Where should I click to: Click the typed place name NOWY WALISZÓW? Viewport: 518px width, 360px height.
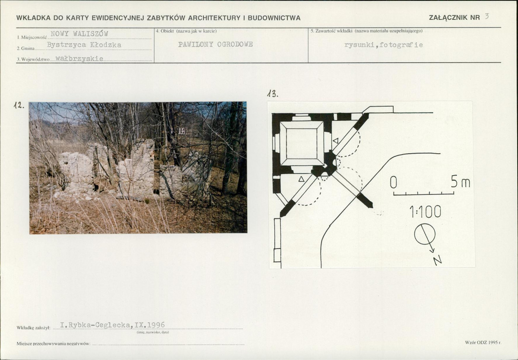pyautogui.click(x=79, y=34)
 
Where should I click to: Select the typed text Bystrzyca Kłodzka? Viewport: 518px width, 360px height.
pyautogui.click(x=84, y=45)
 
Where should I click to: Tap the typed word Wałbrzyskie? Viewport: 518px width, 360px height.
pyautogui.click(x=79, y=59)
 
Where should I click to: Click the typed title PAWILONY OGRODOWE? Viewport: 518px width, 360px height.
pyautogui.click(x=216, y=44)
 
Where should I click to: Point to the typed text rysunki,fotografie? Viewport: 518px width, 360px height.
pyautogui.click(x=383, y=45)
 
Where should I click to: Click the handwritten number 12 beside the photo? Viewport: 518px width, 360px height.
pyautogui.click(x=19, y=105)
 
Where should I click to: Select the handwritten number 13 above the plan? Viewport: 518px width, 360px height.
pyautogui.click(x=273, y=94)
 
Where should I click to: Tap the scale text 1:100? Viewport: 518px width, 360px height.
pyautogui.click(x=425, y=212)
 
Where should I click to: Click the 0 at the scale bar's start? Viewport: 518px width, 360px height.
pyautogui.click(x=393, y=183)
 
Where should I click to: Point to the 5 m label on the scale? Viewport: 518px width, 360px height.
pyautogui.click(x=461, y=182)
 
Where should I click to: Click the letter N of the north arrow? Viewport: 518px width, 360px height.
pyautogui.click(x=437, y=260)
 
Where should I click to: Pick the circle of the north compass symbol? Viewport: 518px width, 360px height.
pyautogui.click(x=425, y=234)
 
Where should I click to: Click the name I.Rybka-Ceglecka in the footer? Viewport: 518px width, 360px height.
pyautogui.click(x=95, y=325)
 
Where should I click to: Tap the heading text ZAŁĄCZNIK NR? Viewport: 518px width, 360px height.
pyautogui.click(x=454, y=18)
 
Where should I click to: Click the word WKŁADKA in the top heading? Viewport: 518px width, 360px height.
pyautogui.click(x=33, y=18)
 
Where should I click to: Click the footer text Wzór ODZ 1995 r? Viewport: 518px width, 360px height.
pyautogui.click(x=483, y=342)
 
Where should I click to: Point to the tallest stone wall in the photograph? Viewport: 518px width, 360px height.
pyautogui.click(x=143, y=168)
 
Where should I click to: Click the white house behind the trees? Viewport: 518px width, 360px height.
pyautogui.click(x=182, y=131)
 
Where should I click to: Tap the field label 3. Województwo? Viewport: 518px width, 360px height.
pyautogui.click(x=33, y=60)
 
